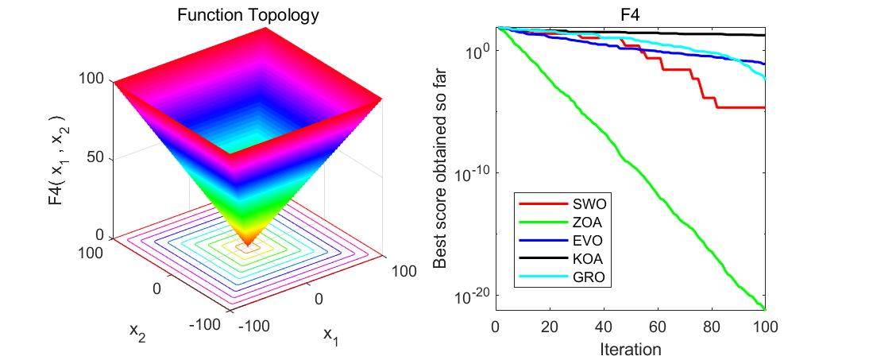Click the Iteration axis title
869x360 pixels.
coord(630,348)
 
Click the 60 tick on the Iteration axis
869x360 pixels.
coord(657,326)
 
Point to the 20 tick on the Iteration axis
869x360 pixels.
coord(549,326)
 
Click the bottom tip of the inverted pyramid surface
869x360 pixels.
coord(247,244)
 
